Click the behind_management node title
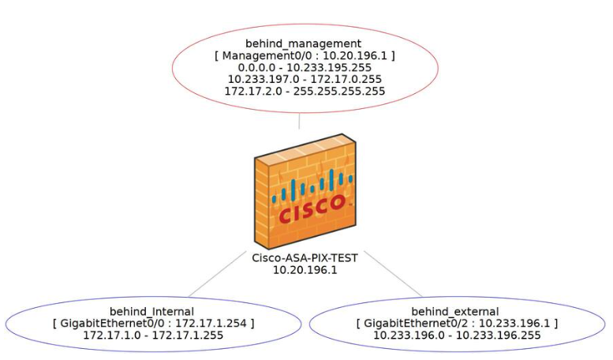[305, 43]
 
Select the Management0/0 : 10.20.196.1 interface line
[305, 56]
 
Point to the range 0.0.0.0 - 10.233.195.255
[305, 68]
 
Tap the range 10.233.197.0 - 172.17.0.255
[305, 80]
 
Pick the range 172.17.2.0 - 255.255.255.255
[305, 92]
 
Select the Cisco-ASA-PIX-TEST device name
[305, 258]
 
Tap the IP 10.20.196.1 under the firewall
[305, 270]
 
